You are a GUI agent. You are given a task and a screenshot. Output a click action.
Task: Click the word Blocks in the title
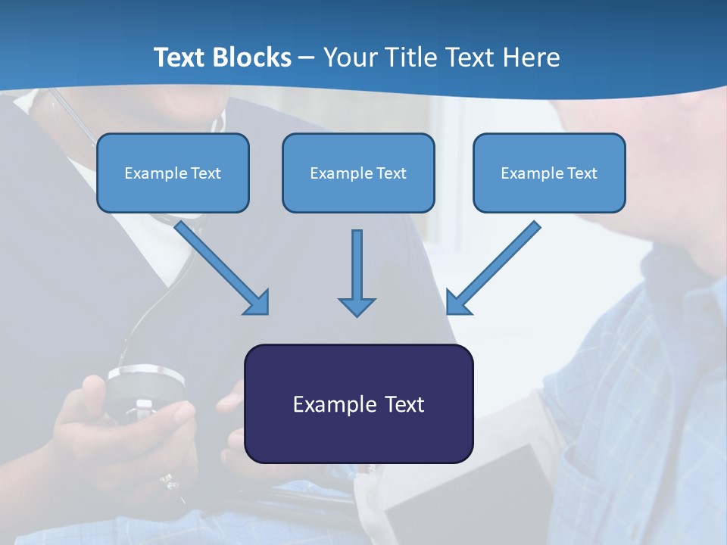point(251,57)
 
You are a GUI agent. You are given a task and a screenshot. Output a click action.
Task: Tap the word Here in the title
point(532,57)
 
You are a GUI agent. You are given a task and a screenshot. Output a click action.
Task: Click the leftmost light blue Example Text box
point(173,173)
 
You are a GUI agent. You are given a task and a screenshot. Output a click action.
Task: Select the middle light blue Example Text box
point(358,173)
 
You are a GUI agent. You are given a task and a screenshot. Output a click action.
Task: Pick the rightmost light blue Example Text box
point(550,173)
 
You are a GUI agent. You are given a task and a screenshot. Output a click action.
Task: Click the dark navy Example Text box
point(359,403)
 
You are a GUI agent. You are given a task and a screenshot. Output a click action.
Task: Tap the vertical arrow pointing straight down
point(357,273)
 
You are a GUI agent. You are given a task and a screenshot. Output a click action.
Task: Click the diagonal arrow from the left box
point(222,268)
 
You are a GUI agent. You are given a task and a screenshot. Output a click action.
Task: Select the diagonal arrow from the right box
point(493,268)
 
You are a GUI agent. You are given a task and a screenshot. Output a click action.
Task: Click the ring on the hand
point(169,482)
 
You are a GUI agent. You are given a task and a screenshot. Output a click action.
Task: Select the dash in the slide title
point(307,58)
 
